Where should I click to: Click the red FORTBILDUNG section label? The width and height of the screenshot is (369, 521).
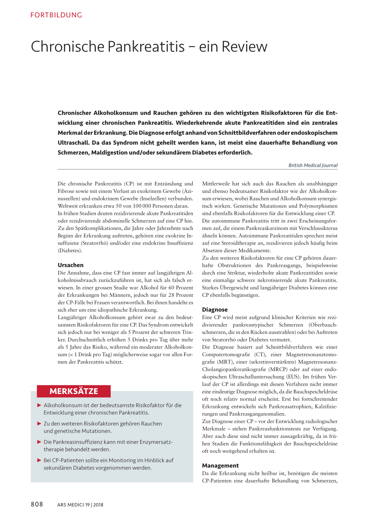point(56,15)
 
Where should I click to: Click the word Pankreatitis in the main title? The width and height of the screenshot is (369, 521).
point(146,47)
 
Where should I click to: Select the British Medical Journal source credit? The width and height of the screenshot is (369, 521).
point(313,165)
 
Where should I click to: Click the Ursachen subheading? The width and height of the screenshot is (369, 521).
point(71,265)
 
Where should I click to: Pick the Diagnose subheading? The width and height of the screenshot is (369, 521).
point(215,309)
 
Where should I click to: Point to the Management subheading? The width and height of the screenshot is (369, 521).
point(221,466)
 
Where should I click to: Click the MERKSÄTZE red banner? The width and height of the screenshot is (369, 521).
point(74,391)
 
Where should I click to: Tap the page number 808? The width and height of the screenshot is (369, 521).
point(37,504)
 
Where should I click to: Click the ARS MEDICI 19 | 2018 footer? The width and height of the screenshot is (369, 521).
point(80,505)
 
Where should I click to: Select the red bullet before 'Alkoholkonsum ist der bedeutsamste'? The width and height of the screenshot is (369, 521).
point(39,405)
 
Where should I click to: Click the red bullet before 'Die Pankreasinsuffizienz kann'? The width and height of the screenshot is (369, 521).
point(39,442)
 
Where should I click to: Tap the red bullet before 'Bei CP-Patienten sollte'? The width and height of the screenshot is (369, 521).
point(39,460)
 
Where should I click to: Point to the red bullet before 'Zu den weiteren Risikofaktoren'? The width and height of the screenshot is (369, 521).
point(39,423)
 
